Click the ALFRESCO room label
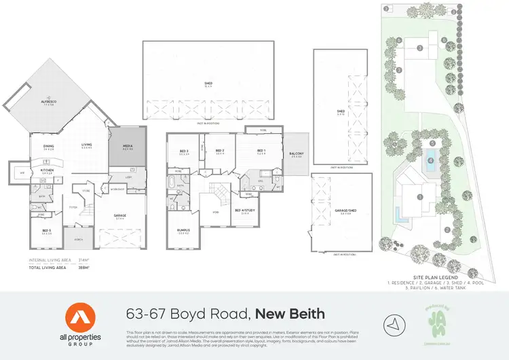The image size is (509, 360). tap(48, 104)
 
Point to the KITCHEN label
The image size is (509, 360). tap(47, 171)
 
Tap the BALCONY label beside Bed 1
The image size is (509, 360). tap(296, 154)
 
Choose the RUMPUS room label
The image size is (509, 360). tap(184, 231)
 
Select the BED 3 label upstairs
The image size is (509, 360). tap(184, 151)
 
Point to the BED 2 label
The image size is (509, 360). tap(219, 151)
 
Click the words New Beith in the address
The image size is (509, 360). tap(290, 314)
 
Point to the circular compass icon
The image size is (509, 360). tap(392, 322)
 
